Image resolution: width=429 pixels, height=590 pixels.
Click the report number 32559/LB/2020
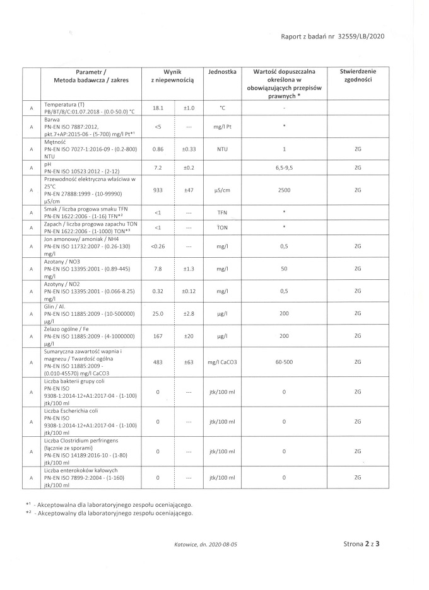click(361, 37)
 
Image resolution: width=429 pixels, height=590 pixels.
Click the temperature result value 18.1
click(158, 108)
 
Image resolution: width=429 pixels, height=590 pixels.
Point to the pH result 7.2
click(158, 168)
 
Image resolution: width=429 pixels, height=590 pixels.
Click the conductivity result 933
click(158, 189)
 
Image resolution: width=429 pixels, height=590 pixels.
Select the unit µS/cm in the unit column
click(222, 189)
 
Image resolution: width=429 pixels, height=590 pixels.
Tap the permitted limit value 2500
click(285, 189)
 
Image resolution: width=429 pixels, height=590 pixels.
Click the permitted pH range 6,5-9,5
click(285, 168)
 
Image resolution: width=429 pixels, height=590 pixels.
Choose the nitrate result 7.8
click(158, 269)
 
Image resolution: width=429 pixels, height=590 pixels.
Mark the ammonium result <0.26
click(158, 246)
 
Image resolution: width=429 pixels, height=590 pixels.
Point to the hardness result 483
click(158, 362)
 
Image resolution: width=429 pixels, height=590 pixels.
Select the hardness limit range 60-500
click(285, 362)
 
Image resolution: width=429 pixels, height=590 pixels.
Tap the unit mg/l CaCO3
click(222, 362)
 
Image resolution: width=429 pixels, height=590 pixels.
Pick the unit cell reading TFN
click(222, 212)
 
